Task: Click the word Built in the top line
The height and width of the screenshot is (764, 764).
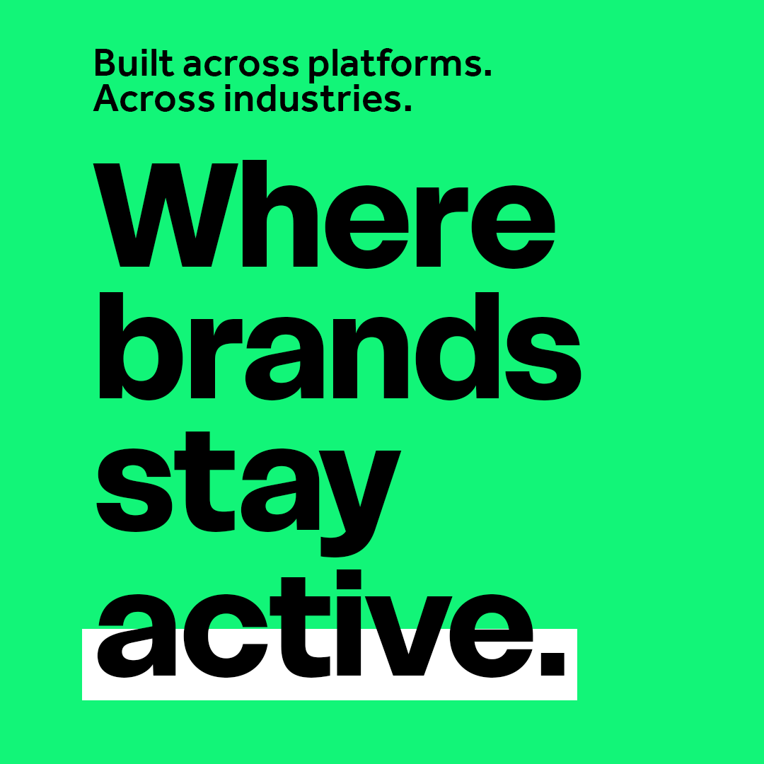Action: click(x=133, y=64)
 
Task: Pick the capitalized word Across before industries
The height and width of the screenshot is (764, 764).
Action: click(x=154, y=99)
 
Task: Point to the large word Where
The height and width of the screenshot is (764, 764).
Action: click(x=325, y=215)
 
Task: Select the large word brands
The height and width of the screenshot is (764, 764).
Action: click(x=339, y=347)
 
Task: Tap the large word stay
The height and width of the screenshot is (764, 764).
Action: click(x=248, y=488)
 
